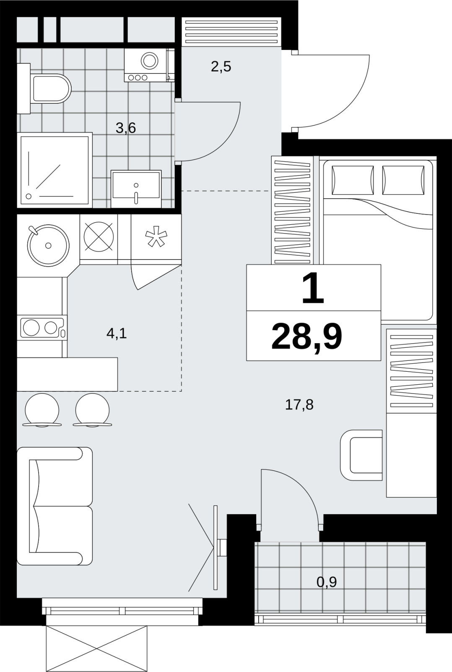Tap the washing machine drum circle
(x=149, y=61)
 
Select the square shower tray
(x=55, y=170)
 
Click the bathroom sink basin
(x=136, y=189)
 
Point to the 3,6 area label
(x=126, y=129)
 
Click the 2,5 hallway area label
(x=221, y=67)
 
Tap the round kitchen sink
(x=48, y=245)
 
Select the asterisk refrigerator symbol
(x=156, y=239)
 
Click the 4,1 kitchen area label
(x=117, y=333)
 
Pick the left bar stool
(x=42, y=410)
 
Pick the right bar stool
(x=92, y=410)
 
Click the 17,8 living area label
(x=299, y=405)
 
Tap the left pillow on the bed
(x=353, y=180)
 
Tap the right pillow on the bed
(x=403, y=180)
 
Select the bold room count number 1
(x=313, y=288)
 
